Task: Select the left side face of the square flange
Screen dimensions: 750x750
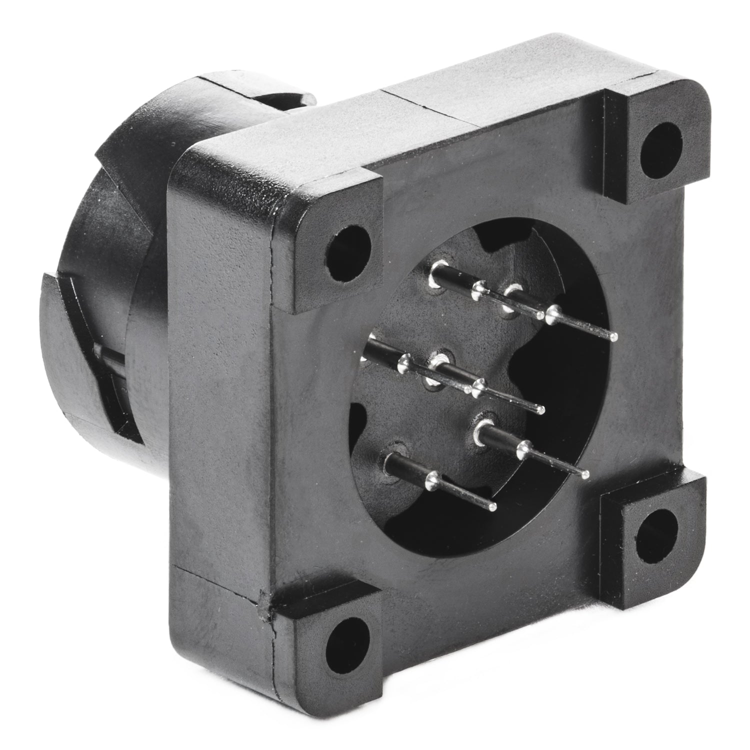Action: [220, 400]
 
